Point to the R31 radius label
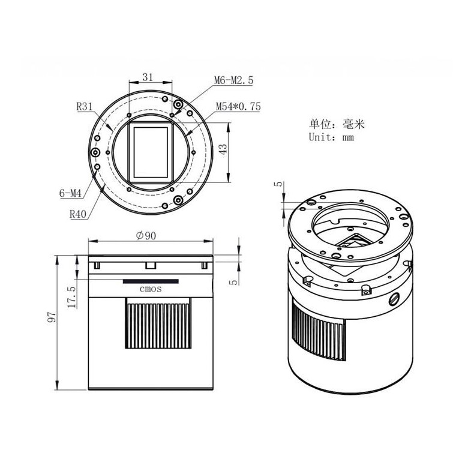coord(85,108)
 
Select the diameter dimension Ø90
coord(147,236)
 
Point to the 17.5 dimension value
coord(72,296)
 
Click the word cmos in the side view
coord(151,289)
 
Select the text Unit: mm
coord(332,137)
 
